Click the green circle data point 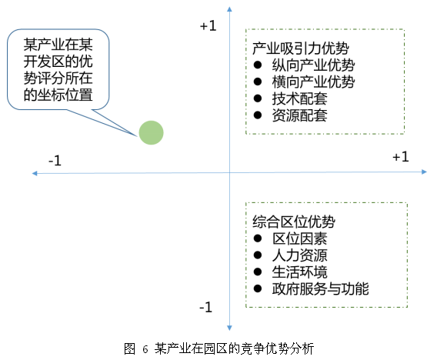point(151,132)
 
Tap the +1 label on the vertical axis point(208,26)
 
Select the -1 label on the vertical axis point(206,307)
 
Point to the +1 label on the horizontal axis point(401,157)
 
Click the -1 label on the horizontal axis point(55,161)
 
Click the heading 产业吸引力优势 point(301,48)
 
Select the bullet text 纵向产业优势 point(313,65)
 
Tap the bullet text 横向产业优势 point(313,82)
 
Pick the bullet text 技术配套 point(299,99)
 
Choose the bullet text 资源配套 point(299,115)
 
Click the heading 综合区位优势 point(294,222)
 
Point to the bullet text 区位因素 point(299,238)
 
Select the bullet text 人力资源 point(299,255)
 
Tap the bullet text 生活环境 point(299,272)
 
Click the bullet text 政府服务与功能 point(320,288)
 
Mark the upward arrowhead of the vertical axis point(229,9)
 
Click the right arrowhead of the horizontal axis point(424,172)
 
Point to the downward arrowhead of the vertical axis point(229,328)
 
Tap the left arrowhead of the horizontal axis point(35,173)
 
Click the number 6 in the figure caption point(145,349)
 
